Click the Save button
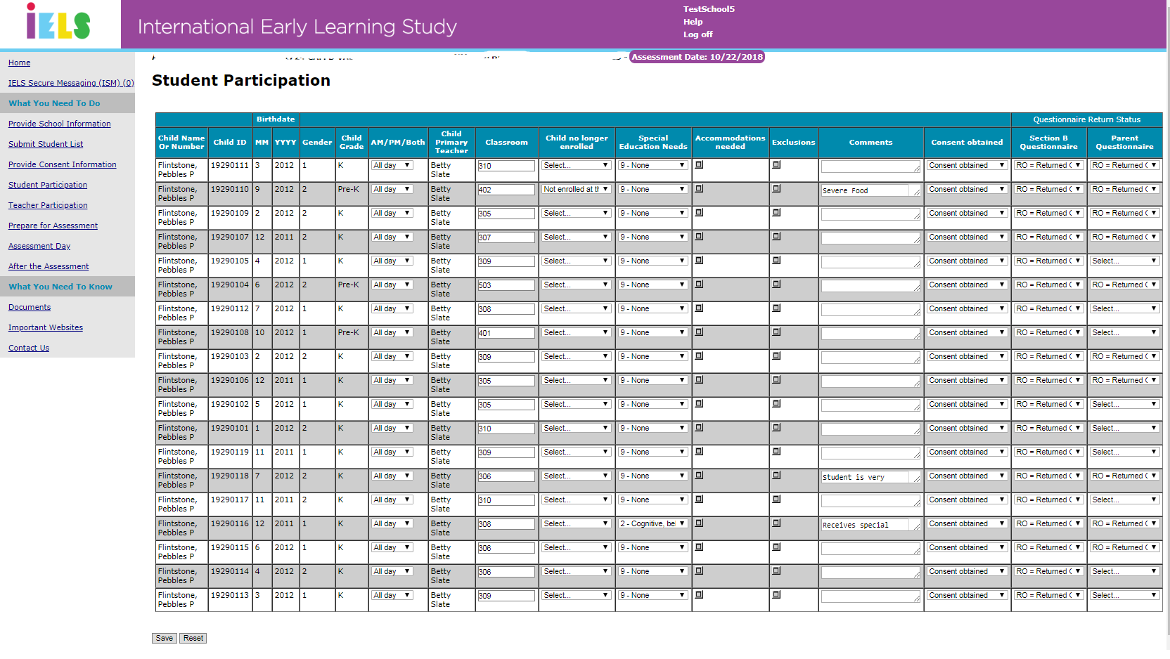164,638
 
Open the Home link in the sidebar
19,63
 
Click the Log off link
697,34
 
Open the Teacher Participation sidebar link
48,205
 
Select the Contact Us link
29,348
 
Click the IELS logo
58,22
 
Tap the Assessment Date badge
697,57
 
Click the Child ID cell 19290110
230,189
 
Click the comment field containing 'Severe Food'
870,190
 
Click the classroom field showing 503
506,285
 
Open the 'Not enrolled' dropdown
576,189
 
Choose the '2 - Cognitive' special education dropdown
652,523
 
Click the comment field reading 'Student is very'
870,477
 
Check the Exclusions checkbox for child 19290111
776,165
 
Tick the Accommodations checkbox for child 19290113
699,595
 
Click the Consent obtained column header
967,142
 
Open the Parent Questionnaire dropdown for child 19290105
1124,261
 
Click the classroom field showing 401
506,333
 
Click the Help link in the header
693,22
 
